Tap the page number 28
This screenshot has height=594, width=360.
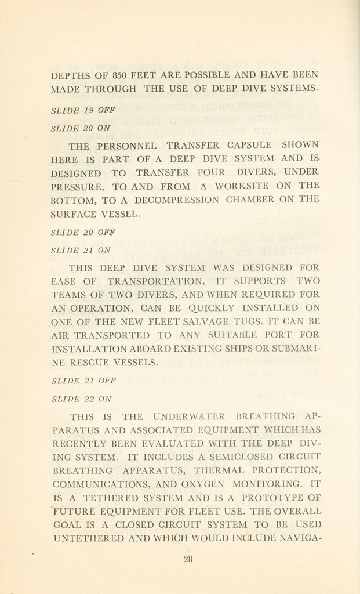coord(188,559)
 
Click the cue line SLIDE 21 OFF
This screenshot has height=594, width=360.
coord(83,381)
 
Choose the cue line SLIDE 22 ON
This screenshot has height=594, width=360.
coord(81,399)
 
